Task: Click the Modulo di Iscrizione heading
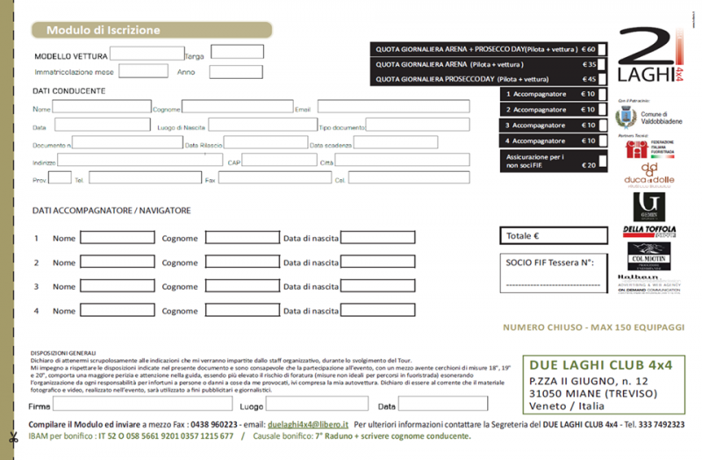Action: point(103,30)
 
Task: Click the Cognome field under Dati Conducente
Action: point(237,108)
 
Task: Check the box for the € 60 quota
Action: point(603,49)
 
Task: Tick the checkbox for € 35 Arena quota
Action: point(603,64)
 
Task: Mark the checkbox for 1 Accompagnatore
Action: point(603,94)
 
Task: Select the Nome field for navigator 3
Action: point(117,286)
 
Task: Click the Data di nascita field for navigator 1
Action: point(377,238)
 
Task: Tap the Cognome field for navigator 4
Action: point(242,310)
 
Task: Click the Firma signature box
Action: point(142,405)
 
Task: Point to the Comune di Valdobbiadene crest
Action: point(627,116)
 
